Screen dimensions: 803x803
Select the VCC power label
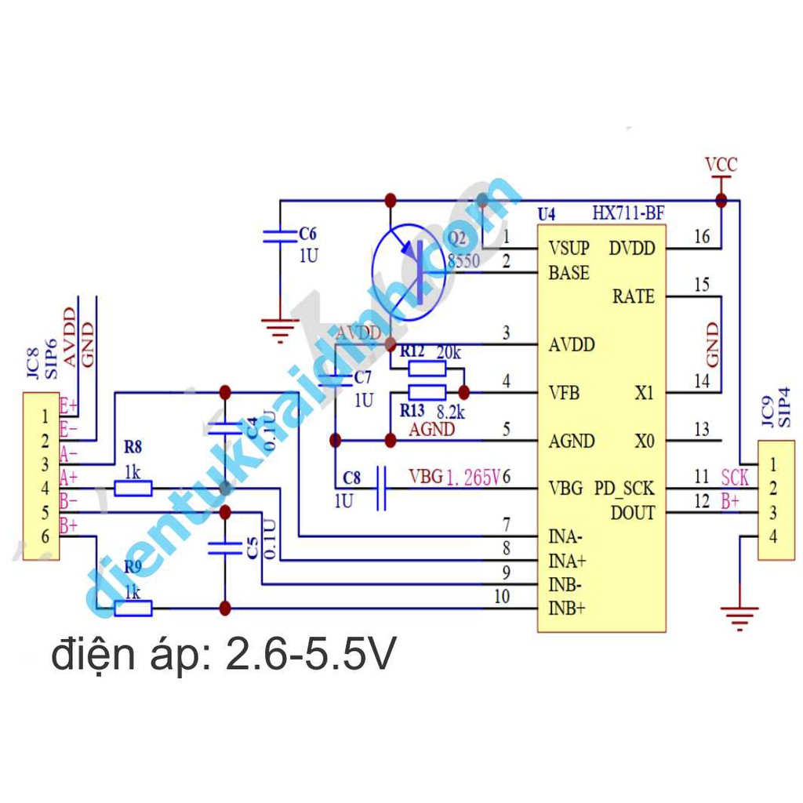721,165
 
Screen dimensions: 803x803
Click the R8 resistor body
133,489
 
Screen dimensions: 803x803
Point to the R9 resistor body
133,608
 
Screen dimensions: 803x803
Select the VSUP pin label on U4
569,249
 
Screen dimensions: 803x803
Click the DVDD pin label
631,249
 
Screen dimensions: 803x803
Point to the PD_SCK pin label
624,489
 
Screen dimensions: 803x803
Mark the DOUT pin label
632,513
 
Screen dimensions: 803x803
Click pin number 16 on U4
702,236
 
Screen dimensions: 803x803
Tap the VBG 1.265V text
454,477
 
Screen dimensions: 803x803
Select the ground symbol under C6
279,329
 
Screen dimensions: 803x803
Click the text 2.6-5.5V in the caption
311,656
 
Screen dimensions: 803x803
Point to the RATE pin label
633,297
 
